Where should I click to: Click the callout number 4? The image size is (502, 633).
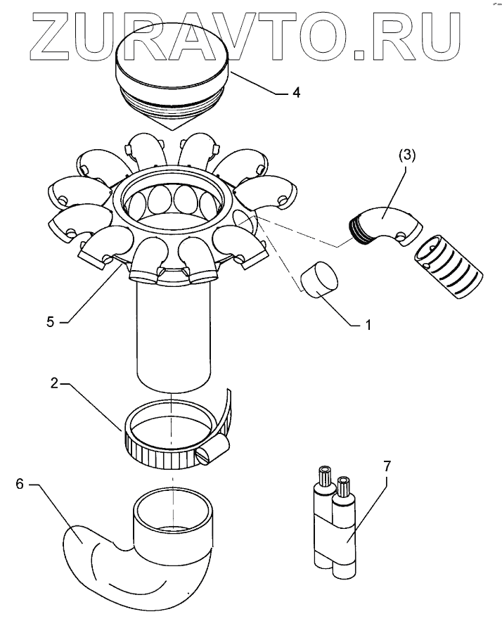click(296, 93)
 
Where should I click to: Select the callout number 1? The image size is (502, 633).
click(366, 326)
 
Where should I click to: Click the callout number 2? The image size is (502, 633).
click(53, 384)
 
